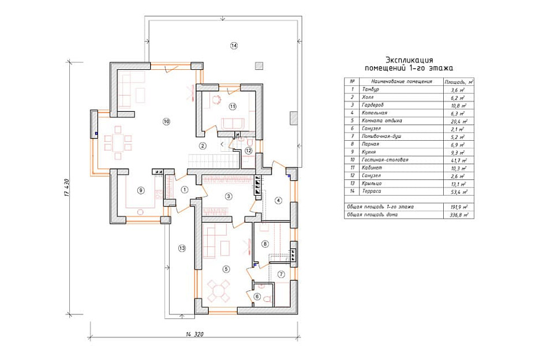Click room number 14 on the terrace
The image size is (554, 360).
(x=233, y=46)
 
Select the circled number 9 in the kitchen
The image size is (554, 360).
(x=140, y=190)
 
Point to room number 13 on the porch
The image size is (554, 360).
(x=182, y=249)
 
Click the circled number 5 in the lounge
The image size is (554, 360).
(x=226, y=269)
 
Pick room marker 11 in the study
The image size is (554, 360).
(x=232, y=106)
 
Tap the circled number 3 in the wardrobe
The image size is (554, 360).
(x=229, y=197)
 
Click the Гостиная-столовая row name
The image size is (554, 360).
(x=385, y=159)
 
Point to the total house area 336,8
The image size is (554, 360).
(x=458, y=215)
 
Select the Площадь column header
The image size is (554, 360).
(x=458, y=82)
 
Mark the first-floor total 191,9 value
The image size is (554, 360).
(x=458, y=206)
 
